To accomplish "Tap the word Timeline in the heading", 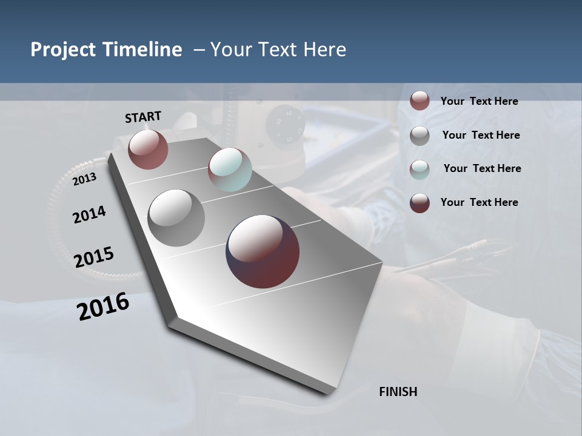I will [143, 50].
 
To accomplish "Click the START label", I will [143, 117].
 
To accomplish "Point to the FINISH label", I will [398, 392].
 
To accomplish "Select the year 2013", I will [84, 179].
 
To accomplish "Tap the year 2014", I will [89, 214].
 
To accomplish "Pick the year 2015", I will [94, 257].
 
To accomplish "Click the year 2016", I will [103, 306].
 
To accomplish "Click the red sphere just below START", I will [148, 149].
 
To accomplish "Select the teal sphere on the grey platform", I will [230, 169].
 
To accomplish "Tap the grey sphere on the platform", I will [176, 218].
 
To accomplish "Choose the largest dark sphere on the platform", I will [263, 251].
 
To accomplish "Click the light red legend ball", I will [420, 101].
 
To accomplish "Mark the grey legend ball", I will [420, 136].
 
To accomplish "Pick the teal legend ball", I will [420, 170].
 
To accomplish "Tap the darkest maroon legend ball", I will [420, 203].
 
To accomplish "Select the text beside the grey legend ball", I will [481, 135].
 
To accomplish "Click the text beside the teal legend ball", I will [482, 168].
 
